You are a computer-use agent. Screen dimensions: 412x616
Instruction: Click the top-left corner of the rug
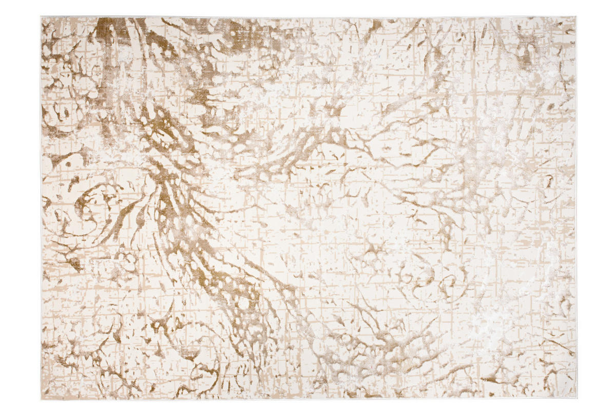pos(41,17)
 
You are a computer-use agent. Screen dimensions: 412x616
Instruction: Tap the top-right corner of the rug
pos(576,17)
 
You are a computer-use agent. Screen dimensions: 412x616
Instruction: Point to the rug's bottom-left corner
pos(41,400)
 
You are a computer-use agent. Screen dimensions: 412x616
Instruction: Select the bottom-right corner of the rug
pos(576,400)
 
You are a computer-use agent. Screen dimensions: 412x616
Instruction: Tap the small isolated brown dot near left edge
pos(67,165)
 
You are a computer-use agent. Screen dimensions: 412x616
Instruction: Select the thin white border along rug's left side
pos(42,205)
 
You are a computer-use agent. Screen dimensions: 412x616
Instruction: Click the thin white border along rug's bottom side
pos(308,399)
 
